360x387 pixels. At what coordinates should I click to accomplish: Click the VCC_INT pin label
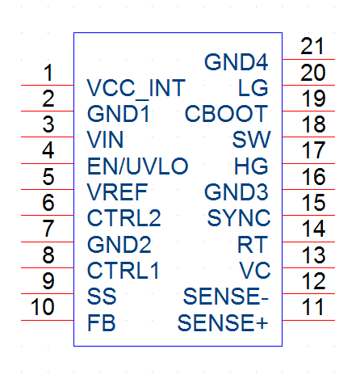coord(136,89)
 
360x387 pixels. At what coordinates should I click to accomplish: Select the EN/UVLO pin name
coord(138,166)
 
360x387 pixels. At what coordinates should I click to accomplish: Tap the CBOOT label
coord(226,114)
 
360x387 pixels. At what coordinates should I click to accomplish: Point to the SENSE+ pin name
coord(223,322)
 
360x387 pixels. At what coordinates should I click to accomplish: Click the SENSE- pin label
coord(226,297)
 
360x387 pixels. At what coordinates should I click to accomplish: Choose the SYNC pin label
coord(239,218)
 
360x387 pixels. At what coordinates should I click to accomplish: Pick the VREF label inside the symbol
coord(117,192)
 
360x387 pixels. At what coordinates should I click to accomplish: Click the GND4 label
coord(237,62)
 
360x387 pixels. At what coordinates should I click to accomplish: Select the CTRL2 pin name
coord(124,218)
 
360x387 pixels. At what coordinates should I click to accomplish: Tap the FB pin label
coord(102,322)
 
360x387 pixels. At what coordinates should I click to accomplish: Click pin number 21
coord(312,46)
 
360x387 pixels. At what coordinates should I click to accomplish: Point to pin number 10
coord(43,307)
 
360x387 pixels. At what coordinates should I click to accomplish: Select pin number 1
coord(48,73)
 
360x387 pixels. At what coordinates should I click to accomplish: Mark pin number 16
coord(313,177)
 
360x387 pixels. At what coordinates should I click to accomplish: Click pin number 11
coord(312,307)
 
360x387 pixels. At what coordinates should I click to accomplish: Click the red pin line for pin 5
coord(48,189)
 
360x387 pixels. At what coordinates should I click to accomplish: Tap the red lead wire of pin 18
coord(308,137)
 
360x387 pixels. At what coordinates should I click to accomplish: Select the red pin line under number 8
coord(48,267)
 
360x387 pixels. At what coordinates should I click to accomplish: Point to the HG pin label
coord(251,166)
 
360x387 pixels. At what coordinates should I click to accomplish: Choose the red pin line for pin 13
coord(308,267)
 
